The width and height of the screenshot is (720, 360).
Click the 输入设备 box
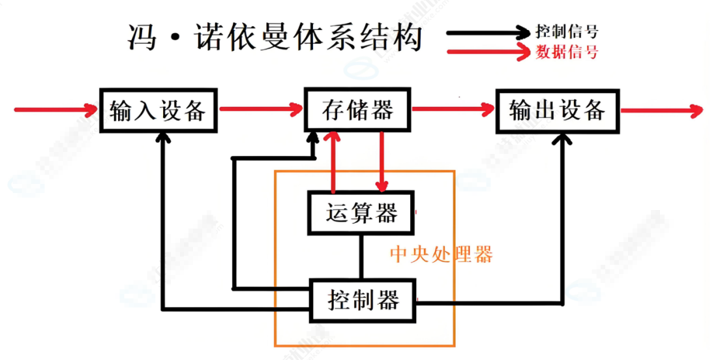(x=158, y=110)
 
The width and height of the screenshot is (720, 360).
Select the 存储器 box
(x=358, y=110)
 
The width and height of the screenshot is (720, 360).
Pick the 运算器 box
(x=361, y=213)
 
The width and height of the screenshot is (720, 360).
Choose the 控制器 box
(x=363, y=301)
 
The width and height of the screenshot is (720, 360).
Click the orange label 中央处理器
(x=441, y=254)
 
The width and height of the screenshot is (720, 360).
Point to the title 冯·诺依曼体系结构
(x=275, y=38)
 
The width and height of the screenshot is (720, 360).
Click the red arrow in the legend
(x=489, y=52)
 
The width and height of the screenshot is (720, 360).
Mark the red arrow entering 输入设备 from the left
(x=55, y=109)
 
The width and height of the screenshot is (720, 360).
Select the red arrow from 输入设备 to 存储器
(x=261, y=110)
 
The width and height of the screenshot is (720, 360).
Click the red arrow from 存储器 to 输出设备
(x=453, y=110)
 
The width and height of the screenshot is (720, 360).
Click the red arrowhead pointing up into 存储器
(x=333, y=139)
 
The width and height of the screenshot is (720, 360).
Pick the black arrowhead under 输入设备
(x=163, y=139)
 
